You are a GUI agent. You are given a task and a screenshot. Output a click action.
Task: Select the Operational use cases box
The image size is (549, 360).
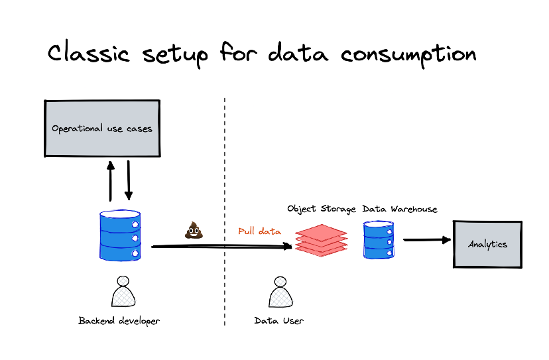tap(102, 129)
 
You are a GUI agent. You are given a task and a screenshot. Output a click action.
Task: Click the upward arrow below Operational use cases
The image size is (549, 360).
tap(111, 180)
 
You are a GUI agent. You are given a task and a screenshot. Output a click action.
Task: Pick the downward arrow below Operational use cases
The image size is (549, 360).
tap(129, 180)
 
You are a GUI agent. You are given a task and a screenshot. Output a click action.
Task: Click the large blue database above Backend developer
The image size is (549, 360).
tap(121, 235)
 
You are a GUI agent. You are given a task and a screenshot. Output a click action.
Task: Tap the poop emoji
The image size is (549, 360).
tap(194, 230)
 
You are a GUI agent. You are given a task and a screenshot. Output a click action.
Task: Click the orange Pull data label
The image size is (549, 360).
tap(259, 232)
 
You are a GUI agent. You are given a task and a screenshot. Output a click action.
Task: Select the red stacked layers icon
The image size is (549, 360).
tap(321, 239)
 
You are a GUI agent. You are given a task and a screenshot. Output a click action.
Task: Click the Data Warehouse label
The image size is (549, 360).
tap(400, 209)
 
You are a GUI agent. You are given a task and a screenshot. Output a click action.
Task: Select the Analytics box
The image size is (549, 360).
tap(487, 244)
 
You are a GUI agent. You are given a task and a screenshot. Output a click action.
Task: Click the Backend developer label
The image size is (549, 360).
tap(119, 321)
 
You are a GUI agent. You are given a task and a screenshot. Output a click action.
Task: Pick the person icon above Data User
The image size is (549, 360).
tap(280, 292)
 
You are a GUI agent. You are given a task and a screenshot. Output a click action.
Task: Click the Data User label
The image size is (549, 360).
tap(279, 321)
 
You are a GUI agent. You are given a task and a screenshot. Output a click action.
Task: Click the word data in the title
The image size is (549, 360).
tap(298, 54)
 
